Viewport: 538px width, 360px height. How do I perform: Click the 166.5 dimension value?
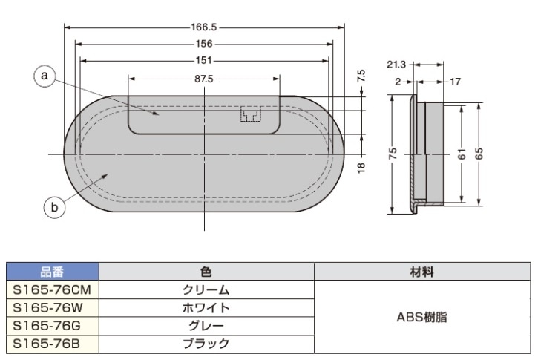pyautogui.click(x=205, y=27)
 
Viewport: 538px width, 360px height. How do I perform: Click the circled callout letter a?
pyautogui.click(x=45, y=76)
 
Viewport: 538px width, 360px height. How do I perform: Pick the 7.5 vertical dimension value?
pyautogui.click(x=361, y=76)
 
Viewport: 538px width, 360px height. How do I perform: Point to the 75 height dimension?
pyautogui.click(x=393, y=154)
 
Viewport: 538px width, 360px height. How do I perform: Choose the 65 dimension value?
pyautogui.click(x=479, y=154)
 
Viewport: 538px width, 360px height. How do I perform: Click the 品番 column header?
pyautogui.click(x=52, y=272)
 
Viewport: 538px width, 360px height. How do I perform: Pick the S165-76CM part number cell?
pyautogui.click(x=52, y=289)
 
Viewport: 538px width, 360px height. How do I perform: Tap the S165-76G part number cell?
pyautogui.click(x=52, y=325)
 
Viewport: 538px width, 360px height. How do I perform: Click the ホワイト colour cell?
pyautogui.click(x=206, y=307)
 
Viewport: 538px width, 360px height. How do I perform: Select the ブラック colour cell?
pyautogui.click(x=206, y=343)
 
